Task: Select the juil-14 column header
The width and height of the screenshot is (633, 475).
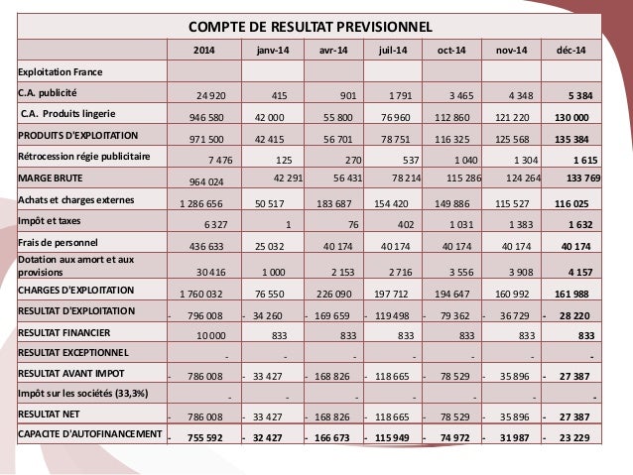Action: [393, 51]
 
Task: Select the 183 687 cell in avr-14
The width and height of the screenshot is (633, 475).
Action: [334, 203]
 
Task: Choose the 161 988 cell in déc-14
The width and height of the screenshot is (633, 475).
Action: [575, 295]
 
